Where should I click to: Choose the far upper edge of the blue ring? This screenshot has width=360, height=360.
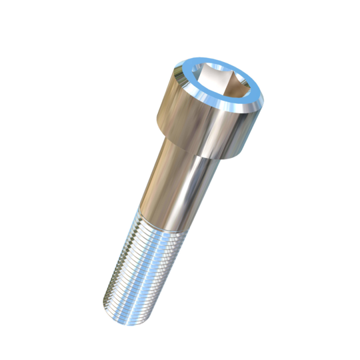(x=223, y=63)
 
